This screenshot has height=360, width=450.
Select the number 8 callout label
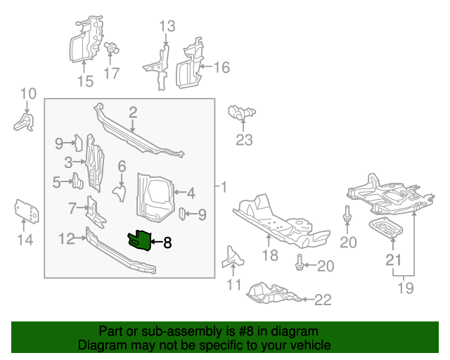tap(167, 243)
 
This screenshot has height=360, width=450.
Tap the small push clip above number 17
tap(110, 49)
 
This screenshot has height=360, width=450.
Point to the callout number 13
tap(166, 27)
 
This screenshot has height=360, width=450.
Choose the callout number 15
tap(84, 82)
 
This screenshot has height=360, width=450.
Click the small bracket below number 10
tap(24, 122)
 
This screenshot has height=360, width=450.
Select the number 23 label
tap(243, 140)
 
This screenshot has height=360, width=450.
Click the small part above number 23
tap(241, 112)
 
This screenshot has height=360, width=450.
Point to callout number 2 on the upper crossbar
tap(132, 112)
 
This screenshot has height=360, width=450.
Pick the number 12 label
tap(66, 239)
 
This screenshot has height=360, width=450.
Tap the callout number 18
tap(271, 255)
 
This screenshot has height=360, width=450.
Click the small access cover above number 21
tap(386, 229)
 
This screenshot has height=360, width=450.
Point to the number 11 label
tap(233, 285)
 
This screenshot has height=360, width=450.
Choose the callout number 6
tap(121, 166)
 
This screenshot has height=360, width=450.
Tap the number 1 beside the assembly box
tap(224, 188)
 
